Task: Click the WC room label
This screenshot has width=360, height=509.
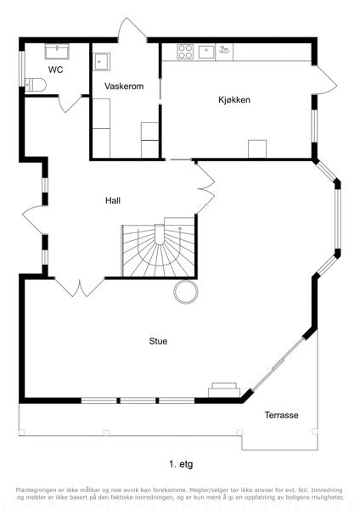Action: coord(55,70)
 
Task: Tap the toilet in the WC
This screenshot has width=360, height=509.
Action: coord(36,85)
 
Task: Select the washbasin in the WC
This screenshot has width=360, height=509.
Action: coord(57,51)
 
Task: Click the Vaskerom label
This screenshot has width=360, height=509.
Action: coord(124,86)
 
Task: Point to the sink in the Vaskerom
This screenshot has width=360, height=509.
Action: coord(102,62)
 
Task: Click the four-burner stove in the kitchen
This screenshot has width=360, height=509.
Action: coord(185,52)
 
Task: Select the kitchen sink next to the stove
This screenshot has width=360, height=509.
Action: coord(206,52)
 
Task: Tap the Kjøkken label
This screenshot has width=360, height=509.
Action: coord(234,99)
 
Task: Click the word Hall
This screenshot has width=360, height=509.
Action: coord(113,200)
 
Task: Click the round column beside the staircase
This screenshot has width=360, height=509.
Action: coord(186,292)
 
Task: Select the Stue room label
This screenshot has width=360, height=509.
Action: coord(158,341)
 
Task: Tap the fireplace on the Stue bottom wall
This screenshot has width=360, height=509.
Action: coord(224,390)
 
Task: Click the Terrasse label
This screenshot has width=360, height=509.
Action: coord(281,415)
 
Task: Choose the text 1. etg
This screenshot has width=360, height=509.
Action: coord(181,464)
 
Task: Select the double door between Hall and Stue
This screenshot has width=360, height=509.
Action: coord(80,287)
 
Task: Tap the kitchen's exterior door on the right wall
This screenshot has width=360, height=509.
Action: coord(325,80)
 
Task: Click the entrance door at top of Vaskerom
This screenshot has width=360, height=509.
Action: coord(132,30)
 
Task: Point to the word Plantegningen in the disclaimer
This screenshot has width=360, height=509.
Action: coord(35,489)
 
